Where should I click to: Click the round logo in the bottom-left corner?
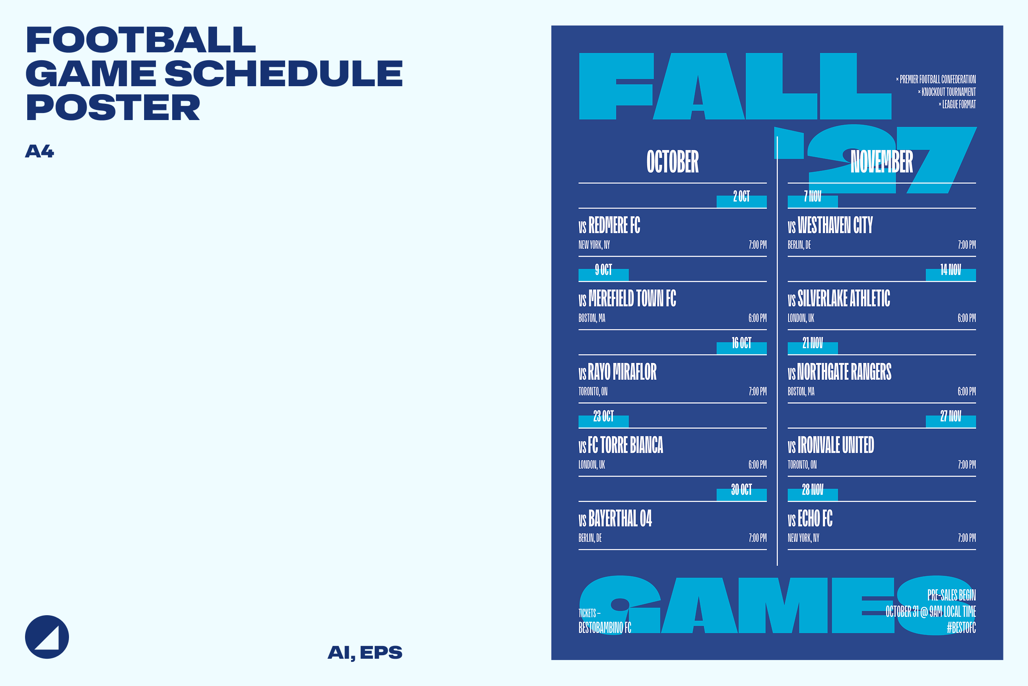47,637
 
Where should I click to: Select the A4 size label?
40,151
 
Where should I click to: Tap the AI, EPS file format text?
365,653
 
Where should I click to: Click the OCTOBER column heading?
673,162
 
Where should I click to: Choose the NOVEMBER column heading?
882,162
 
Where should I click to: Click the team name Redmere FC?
614,225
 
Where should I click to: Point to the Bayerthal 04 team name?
620,518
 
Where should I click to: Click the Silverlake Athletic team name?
844,299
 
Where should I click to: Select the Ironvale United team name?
836,445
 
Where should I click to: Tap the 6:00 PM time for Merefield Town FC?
757,318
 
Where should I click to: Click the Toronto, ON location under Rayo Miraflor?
593,391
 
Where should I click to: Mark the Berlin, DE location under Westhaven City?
799,245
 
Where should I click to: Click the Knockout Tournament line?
947,92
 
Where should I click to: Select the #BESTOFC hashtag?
961,628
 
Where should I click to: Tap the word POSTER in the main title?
113,108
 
